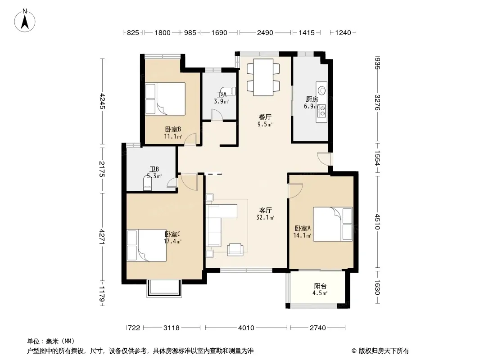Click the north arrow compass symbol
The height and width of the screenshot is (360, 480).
coord(25,20)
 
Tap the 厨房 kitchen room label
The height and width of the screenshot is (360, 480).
coord(312,99)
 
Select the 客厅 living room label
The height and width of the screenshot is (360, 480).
coord(265,211)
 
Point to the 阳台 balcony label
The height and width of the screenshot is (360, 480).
coord(320,286)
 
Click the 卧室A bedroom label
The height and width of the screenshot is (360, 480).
coord(303,229)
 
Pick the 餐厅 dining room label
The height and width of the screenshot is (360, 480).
coord(265,117)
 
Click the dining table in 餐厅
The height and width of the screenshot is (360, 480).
coord(263,77)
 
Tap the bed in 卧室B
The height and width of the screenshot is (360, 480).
coord(165,99)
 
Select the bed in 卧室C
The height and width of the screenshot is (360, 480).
coord(147,245)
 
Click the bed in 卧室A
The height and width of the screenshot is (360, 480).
coord(333,224)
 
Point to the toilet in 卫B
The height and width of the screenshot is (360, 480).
coord(148,183)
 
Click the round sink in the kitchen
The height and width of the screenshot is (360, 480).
coord(322,90)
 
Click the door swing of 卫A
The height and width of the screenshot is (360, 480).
coord(217,115)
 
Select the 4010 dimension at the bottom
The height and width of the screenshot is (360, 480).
coord(246,328)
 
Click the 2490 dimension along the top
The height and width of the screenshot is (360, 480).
coord(265,32)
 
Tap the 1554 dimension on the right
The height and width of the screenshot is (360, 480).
coord(377,158)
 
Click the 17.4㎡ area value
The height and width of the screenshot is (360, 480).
coord(172,241)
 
